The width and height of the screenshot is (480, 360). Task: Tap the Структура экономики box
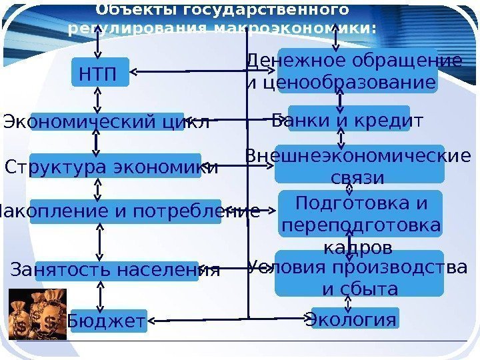pyautogui.click(x=110, y=167)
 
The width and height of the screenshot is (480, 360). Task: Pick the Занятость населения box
pyautogui.click(x=116, y=271)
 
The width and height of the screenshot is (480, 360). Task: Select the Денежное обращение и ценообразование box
pyautogui.click(x=357, y=71)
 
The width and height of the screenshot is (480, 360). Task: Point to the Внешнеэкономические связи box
pyautogui.click(x=359, y=164)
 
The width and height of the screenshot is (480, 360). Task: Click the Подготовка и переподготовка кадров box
pyautogui.click(x=361, y=213)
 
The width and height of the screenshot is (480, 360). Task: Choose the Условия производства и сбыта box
pyautogui.click(x=359, y=273)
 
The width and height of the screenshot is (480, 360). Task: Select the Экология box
pyautogui.click(x=354, y=319)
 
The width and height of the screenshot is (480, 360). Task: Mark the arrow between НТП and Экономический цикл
pyautogui.click(x=99, y=99)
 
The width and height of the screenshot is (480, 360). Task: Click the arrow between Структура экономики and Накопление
pyautogui.click(x=99, y=189)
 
